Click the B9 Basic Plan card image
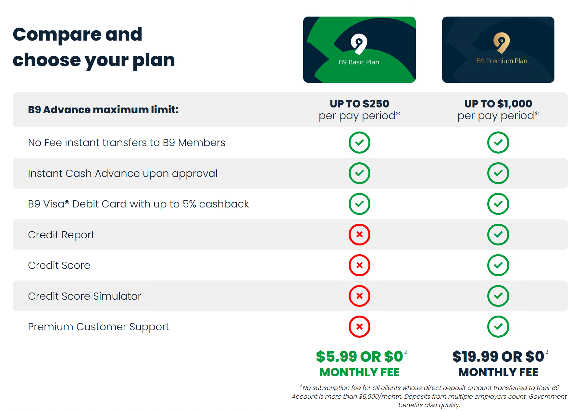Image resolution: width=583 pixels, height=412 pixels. pos(359,50)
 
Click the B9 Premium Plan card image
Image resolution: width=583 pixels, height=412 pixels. pos(498,50)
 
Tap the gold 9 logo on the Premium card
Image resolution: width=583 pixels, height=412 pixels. pos(502,43)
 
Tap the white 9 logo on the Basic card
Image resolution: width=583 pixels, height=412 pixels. pos(359,44)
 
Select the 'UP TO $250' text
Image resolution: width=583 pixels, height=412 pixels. pos(359,104)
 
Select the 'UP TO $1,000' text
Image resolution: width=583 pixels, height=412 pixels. pos(498,104)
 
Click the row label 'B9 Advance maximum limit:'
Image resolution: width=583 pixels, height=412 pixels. pos(103,110)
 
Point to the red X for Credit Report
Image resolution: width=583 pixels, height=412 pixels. pos(359,234)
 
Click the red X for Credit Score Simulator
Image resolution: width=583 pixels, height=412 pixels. pos(359,296)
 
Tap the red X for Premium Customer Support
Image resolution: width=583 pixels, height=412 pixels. pos(359,327)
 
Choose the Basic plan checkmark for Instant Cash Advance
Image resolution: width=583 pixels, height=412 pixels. pos(359,173)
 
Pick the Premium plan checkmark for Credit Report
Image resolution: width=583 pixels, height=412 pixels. pos(498,234)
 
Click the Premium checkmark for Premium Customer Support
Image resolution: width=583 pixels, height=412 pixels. pos(498,327)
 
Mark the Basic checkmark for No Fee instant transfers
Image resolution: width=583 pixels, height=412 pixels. pos(359,143)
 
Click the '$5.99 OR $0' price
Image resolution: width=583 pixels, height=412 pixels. pos(359,356)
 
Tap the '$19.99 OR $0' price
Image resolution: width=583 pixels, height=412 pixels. pos(498,356)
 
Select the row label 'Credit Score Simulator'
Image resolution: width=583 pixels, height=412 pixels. pos(84,296)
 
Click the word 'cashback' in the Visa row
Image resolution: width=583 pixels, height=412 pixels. pos(224,204)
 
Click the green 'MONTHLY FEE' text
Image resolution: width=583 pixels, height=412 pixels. pos(359,372)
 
